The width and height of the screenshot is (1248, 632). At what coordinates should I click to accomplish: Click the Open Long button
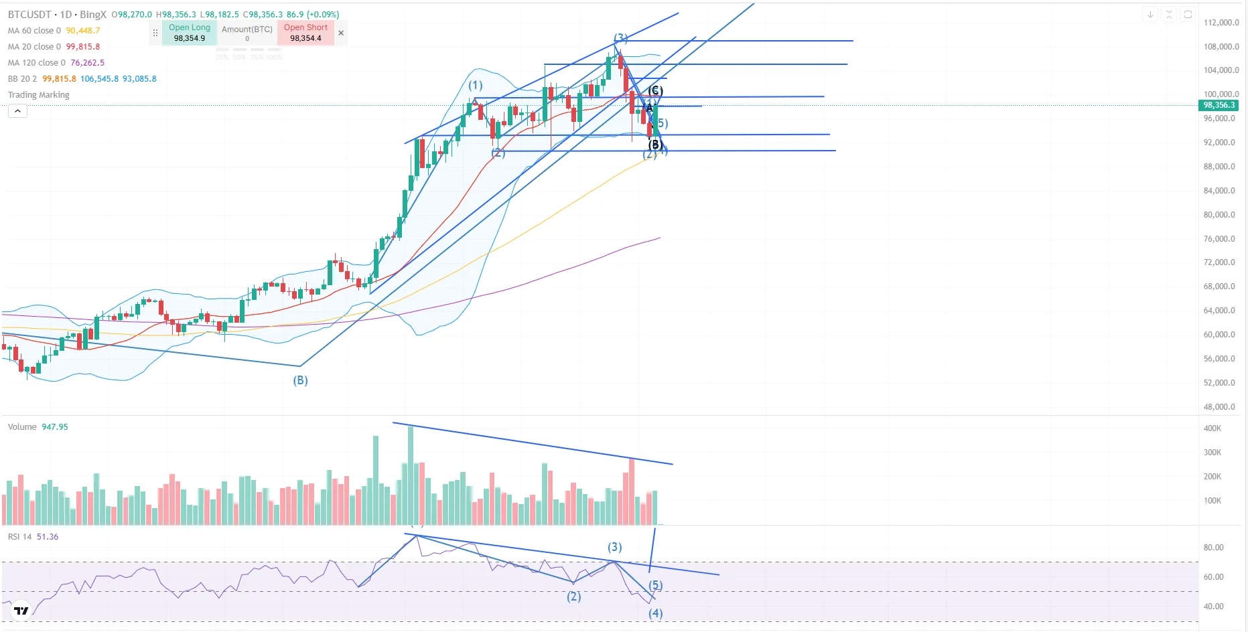(189, 33)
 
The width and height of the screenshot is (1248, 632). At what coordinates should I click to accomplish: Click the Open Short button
(305, 33)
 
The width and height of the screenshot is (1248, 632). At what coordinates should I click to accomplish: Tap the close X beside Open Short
(341, 33)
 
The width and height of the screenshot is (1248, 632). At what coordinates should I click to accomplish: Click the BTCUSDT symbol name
(29, 14)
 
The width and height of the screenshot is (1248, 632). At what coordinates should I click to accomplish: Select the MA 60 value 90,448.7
(83, 30)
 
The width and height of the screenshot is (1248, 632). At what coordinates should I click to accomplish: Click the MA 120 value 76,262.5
(88, 62)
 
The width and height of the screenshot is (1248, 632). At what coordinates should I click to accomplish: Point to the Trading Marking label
(39, 94)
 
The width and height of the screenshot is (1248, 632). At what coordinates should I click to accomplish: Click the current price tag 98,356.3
(1219, 105)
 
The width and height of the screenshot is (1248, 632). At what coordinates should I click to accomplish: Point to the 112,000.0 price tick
(1221, 22)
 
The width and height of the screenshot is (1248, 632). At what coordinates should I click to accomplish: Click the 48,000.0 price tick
(1219, 406)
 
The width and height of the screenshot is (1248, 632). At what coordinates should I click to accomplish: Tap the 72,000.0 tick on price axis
(1219, 262)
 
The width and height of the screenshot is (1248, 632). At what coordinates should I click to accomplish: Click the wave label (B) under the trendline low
(300, 380)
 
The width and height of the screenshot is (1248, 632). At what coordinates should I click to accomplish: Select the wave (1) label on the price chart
(475, 85)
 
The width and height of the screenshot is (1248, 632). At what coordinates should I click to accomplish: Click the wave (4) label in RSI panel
(655, 613)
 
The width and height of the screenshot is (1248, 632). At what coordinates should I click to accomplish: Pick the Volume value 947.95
(55, 426)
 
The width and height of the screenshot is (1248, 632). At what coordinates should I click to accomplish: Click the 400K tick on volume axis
(1212, 428)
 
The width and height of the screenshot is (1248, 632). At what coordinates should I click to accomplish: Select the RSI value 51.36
(48, 536)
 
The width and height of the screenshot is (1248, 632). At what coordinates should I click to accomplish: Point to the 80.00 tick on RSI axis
(1213, 548)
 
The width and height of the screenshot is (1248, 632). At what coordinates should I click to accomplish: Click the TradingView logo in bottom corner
(21, 611)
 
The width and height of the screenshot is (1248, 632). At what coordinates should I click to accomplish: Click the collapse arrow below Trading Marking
(17, 111)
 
